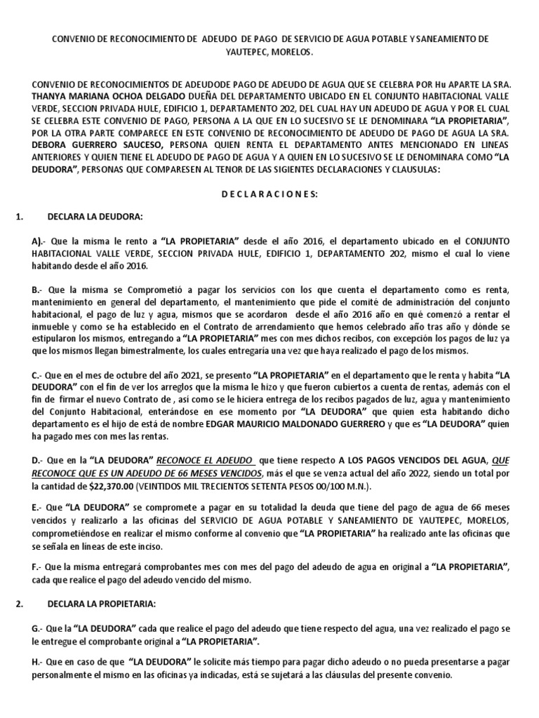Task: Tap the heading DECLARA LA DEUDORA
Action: [94, 216]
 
